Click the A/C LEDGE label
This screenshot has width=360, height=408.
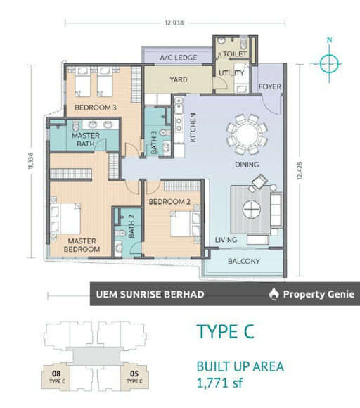click(x=179, y=58)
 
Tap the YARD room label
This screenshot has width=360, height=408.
click(x=179, y=79)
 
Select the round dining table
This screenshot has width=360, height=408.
click(x=247, y=134)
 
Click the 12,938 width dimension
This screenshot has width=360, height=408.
click(x=174, y=23)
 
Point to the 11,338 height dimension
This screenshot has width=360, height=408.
click(x=31, y=161)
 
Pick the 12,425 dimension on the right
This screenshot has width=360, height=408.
click(x=300, y=170)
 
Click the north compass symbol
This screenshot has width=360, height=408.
click(x=329, y=63)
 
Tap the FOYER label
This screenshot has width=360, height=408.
click(x=270, y=87)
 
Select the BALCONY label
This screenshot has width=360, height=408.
click(x=244, y=261)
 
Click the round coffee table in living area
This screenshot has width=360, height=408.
click(x=252, y=209)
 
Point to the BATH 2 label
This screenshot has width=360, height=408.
click(x=131, y=226)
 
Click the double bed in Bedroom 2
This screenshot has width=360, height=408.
click(x=185, y=224)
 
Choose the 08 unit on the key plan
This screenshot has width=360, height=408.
click(x=57, y=377)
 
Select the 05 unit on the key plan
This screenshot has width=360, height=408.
click(x=135, y=377)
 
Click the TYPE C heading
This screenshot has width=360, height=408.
click(x=225, y=331)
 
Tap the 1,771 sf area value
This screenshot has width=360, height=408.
click(x=220, y=383)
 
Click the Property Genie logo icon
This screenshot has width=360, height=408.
click(x=274, y=294)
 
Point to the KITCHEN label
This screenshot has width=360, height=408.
click(x=193, y=127)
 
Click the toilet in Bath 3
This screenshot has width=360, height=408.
click(x=165, y=133)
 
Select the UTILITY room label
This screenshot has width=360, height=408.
click(x=231, y=73)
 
